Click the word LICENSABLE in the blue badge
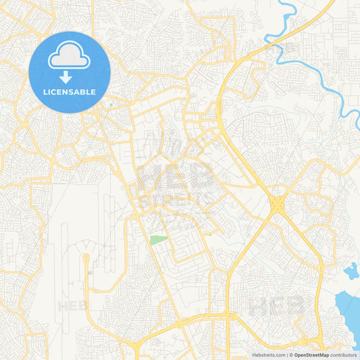click(x=70, y=92)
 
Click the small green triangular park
click(x=158, y=239)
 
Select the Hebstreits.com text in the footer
click(x=268, y=355)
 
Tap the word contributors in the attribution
click(x=343, y=355)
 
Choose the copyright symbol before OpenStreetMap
click(x=291, y=355)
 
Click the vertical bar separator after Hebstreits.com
click(x=286, y=355)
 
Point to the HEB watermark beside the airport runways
click(x=73, y=305)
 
